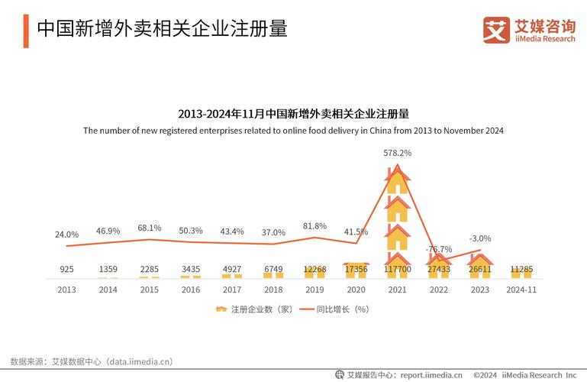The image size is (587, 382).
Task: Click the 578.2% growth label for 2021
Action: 397,153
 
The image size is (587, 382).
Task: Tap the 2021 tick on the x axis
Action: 397,290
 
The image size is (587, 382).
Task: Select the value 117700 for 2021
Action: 397,270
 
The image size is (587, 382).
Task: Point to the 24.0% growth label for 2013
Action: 66,235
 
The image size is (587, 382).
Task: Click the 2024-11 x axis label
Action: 521,290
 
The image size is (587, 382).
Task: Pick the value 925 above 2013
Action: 66,270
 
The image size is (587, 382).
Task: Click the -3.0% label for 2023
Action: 479,238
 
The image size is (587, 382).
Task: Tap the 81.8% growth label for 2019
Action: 314,226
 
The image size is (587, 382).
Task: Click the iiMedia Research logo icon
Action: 496,30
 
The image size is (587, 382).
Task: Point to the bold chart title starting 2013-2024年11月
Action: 293,114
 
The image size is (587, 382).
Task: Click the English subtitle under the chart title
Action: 293,131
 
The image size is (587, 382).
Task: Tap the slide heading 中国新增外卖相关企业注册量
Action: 162,29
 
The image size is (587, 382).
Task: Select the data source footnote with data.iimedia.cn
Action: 92,361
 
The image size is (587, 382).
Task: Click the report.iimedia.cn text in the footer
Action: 431,375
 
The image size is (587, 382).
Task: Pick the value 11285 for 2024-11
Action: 521,270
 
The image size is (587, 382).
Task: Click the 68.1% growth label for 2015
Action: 150,228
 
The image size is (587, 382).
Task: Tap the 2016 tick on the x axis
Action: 191,290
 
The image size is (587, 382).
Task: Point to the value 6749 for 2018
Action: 273,270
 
